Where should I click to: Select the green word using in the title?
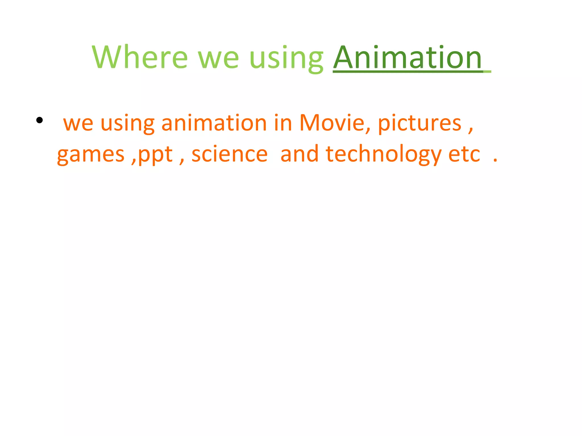tap(286, 58)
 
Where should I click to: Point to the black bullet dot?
tap(40, 120)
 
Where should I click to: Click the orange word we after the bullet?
tap(78, 124)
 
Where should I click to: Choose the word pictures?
tap(419, 124)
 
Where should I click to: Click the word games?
tap(91, 155)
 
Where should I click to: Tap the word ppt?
tap(155, 155)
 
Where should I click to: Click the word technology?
tap(383, 154)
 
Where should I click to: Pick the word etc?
tap(464, 154)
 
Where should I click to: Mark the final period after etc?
tap(495, 161)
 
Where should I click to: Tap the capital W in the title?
tap(106, 57)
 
